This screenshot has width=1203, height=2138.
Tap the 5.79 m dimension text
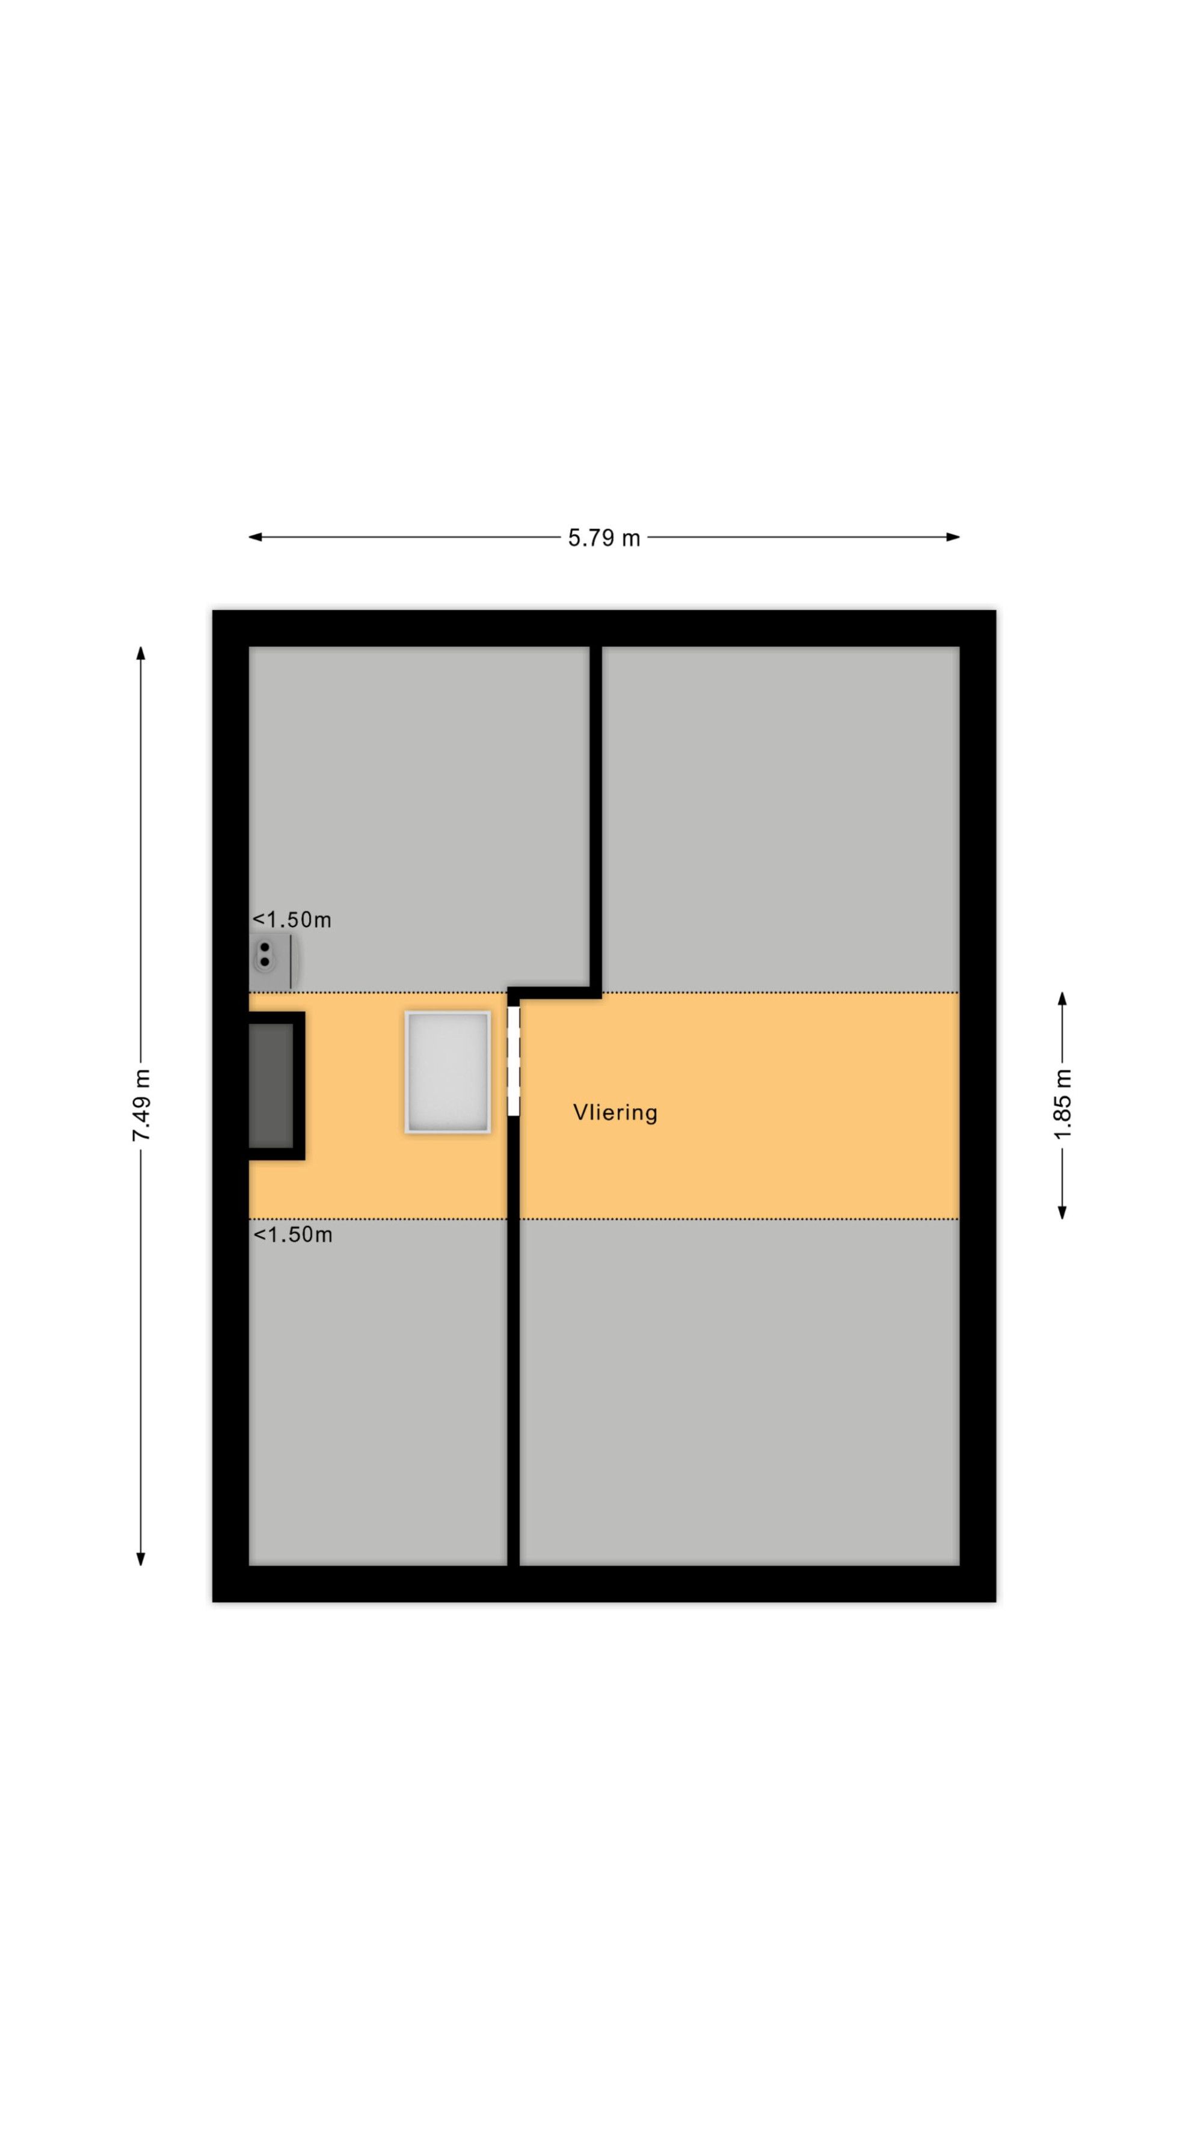(x=603, y=538)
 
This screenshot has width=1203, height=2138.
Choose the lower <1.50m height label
(x=292, y=1234)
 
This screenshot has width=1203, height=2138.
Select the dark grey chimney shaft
(x=271, y=1086)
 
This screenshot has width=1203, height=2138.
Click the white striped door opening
(x=513, y=1061)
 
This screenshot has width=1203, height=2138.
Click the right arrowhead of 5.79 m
(x=953, y=537)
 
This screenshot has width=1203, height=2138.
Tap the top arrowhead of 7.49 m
(x=141, y=653)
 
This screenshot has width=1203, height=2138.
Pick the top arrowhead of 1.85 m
(x=1063, y=999)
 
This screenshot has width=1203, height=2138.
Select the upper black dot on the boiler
(x=265, y=947)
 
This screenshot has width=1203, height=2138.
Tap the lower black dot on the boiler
(x=265, y=962)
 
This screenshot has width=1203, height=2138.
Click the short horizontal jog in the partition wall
(x=555, y=993)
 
